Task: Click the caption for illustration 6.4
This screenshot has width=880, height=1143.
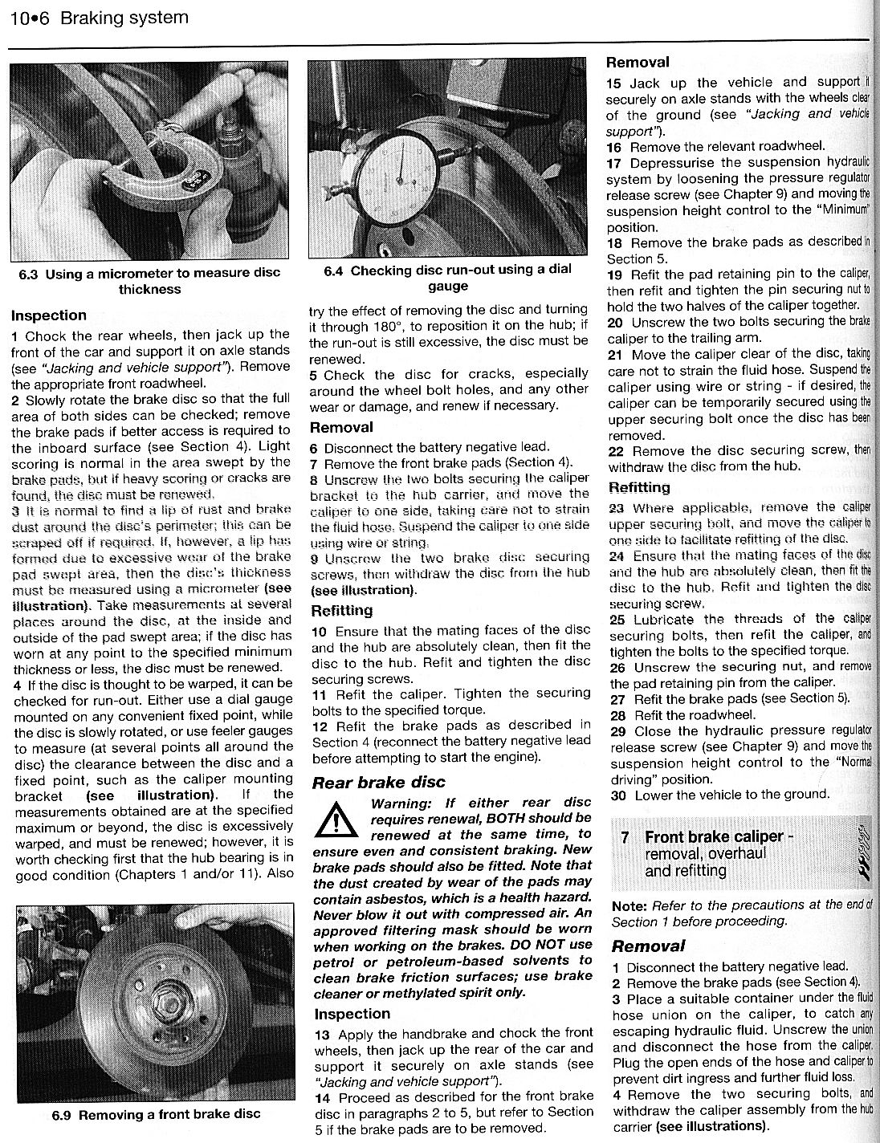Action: (447, 279)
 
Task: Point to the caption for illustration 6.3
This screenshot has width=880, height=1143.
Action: (149, 281)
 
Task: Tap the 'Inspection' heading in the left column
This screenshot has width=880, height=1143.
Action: (49, 315)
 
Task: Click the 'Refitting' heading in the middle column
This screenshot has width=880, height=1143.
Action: (341, 610)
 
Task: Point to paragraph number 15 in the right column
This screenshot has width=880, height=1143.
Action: (614, 83)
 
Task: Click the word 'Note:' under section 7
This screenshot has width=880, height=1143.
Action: (629, 905)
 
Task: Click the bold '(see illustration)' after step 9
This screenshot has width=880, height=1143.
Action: (363, 589)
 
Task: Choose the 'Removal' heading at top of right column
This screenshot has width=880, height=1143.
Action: (638, 62)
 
